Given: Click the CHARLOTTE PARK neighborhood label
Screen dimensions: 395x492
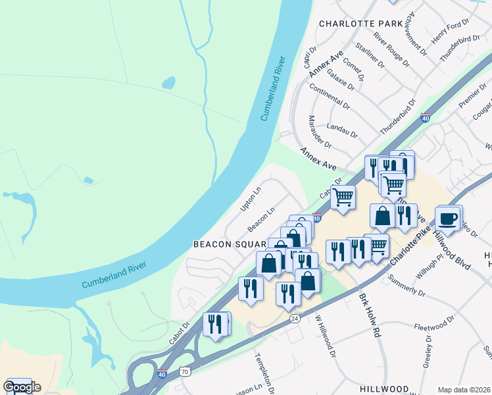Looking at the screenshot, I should click(x=360, y=23).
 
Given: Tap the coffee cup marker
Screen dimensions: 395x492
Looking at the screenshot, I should click(x=447, y=219).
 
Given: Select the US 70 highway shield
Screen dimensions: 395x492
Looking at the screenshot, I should click(x=185, y=371).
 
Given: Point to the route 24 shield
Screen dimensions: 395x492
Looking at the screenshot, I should click(x=294, y=318).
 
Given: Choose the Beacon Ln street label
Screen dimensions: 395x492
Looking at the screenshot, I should click(x=261, y=220).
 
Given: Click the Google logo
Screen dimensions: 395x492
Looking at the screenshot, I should click(x=22, y=387).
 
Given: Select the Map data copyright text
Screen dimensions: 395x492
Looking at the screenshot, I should click(x=464, y=390).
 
